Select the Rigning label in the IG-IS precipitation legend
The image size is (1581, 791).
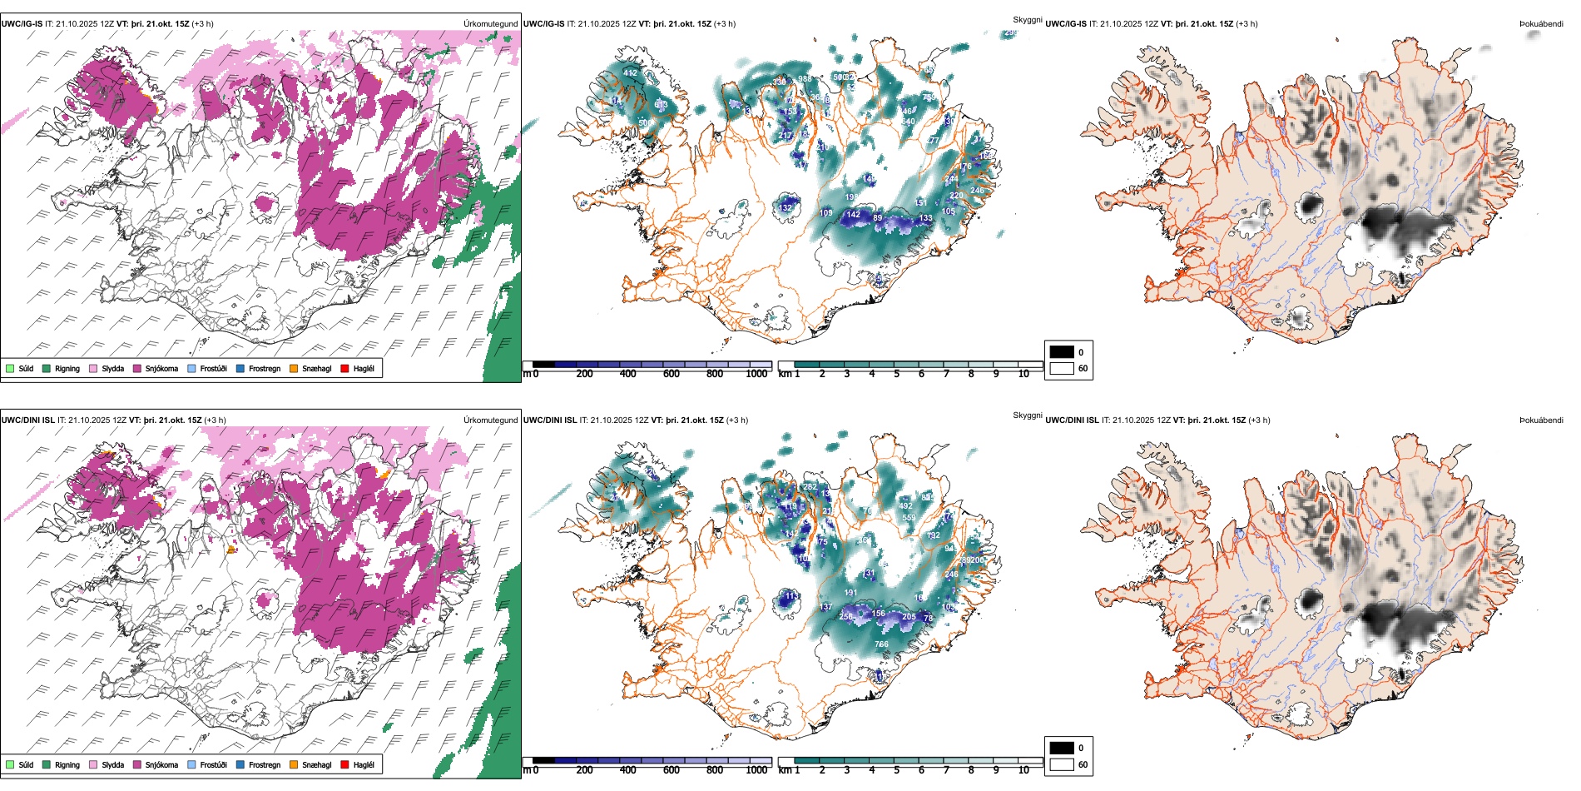click(67, 368)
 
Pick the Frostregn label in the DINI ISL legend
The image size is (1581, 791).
click(264, 764)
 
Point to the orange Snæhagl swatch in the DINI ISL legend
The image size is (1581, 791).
click(294, 764)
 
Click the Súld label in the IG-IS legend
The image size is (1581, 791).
click(26, 368)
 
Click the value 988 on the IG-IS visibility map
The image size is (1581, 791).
click(805, 79)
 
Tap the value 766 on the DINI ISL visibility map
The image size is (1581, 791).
click(881, 644)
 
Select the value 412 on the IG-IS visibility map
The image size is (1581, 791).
click(630, 73)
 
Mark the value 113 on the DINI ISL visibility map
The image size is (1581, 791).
click(791, 596)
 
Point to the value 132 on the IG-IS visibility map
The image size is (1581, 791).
click(786, 208)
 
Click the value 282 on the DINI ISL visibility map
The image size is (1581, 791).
click(810, 486)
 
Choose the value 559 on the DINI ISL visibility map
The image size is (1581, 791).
click(909, 518)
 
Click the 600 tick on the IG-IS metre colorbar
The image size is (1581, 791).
click(671, 374)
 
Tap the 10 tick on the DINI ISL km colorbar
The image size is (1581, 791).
click(1023, 770)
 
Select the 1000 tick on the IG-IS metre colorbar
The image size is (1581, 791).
click(756, 374)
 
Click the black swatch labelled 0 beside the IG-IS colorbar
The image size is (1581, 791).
click(1062, 351)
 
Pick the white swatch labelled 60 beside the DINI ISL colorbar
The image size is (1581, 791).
click(1062, 764)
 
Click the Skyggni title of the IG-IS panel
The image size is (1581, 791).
click(1027, 19)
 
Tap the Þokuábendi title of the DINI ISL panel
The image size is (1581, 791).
click(1541, 420)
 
